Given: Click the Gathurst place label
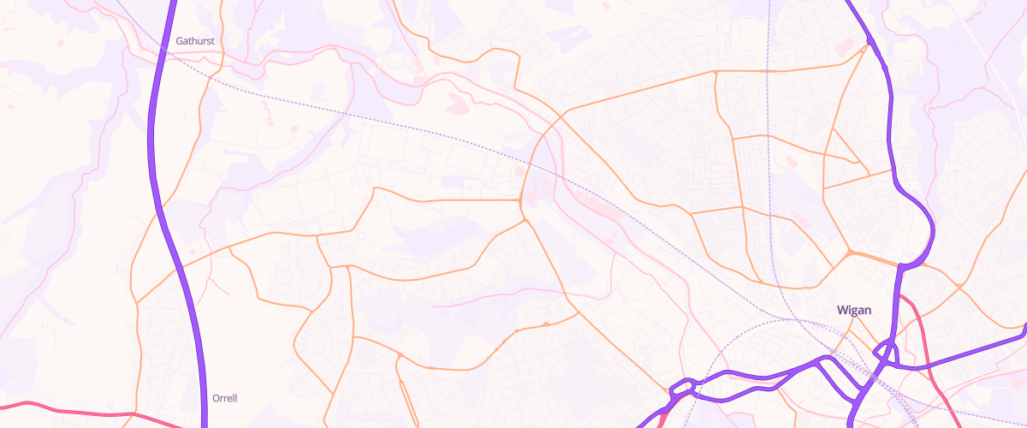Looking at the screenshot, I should point(194,41).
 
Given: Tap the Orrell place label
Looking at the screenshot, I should point(224,398).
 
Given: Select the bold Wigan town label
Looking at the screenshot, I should point(853,310).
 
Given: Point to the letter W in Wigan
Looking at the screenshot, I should point(840,310).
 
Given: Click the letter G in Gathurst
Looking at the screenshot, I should point(180,41).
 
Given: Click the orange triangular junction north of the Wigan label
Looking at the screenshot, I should point(849,253).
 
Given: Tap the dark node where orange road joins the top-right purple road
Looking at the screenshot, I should point(870,40).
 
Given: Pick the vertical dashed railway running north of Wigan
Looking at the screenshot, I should point(769,128).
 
